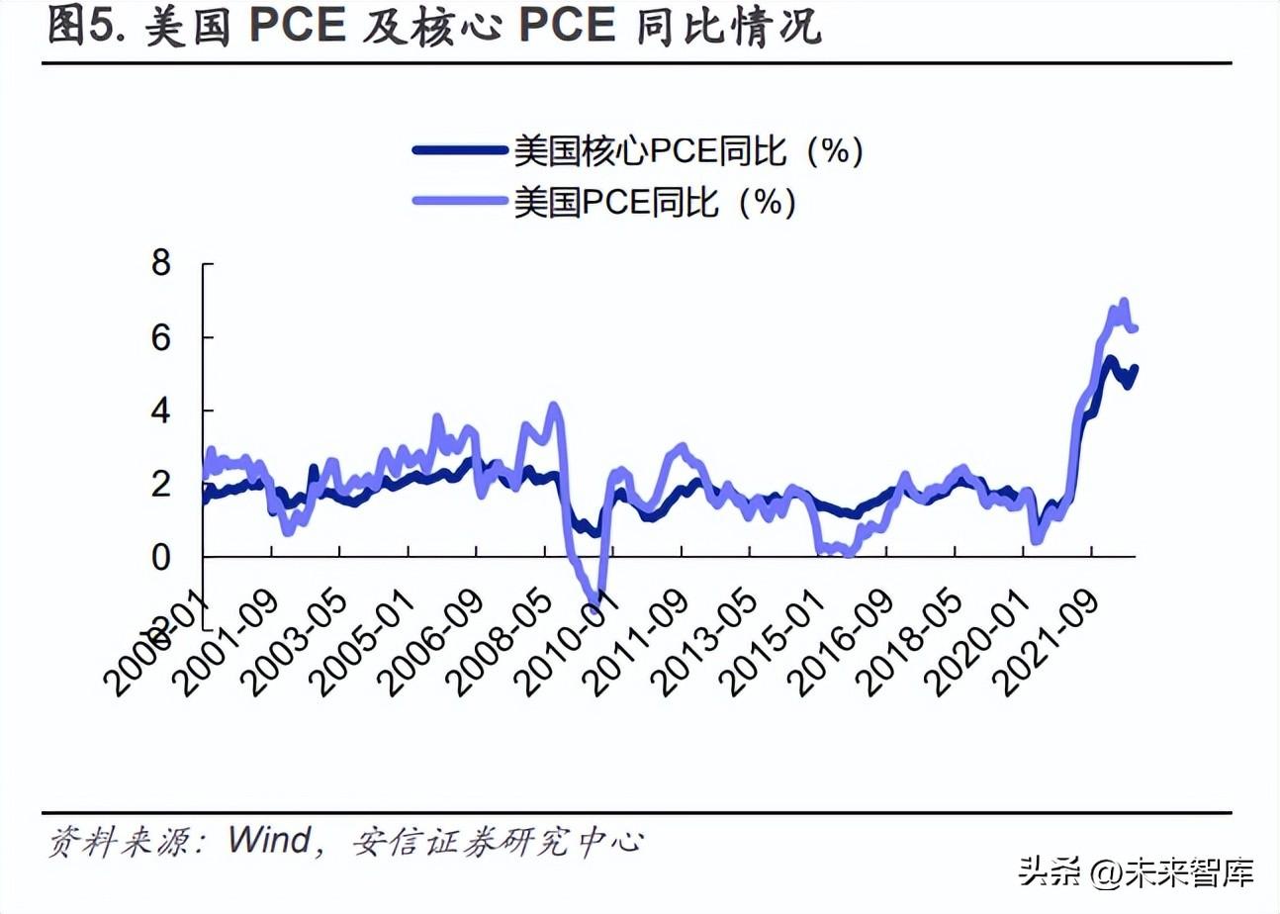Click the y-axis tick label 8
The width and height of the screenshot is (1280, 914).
[160, 265]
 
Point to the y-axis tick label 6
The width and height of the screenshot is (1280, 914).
[160, 338]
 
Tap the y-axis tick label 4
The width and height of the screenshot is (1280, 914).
[160, 411]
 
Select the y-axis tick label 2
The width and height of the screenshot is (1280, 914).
[160, 485]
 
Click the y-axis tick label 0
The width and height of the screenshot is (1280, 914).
[160, 558]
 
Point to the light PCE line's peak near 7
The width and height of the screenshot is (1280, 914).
[1124, 302]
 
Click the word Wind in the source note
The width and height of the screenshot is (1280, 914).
[269, 841]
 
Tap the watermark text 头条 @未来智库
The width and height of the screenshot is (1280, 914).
[1138, 871]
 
